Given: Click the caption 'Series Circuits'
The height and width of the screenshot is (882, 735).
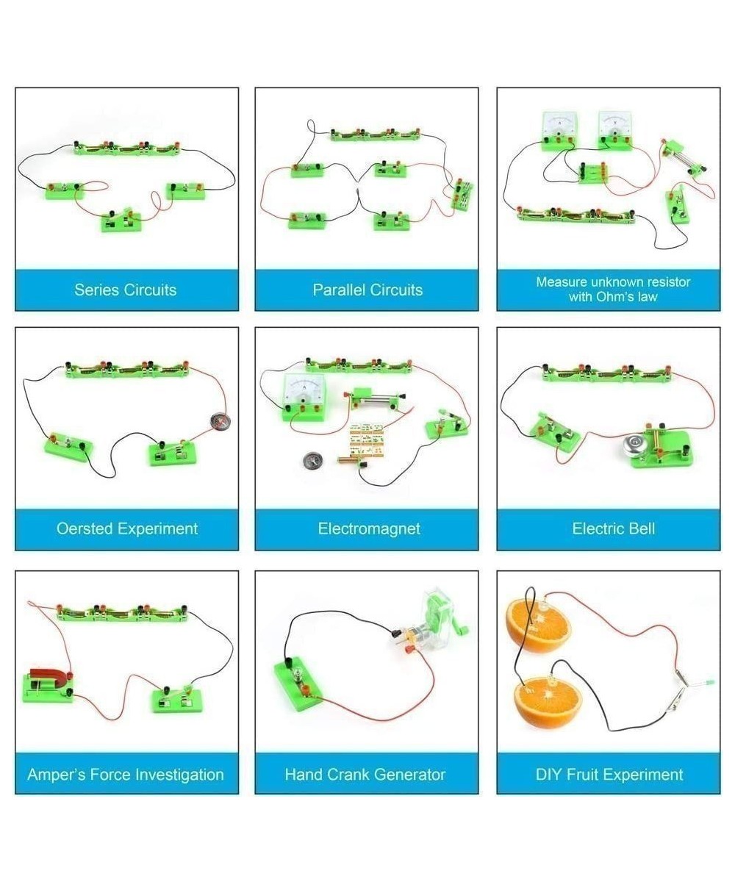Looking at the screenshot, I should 126,290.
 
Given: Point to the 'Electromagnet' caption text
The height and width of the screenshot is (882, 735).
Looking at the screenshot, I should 368,528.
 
